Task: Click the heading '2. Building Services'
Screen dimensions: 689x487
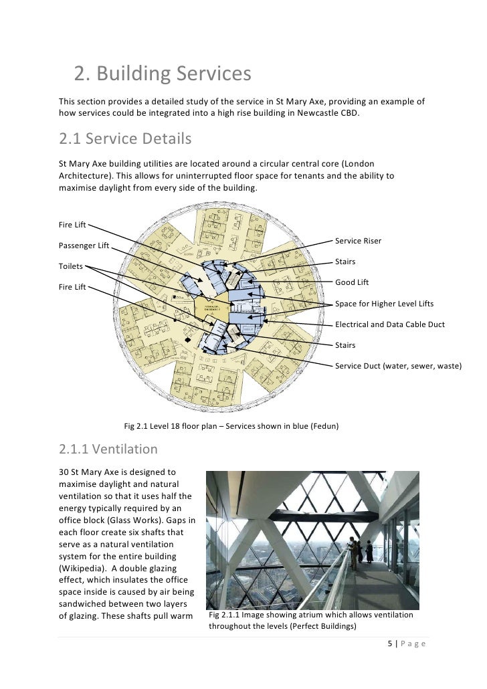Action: click(x=162, y=74)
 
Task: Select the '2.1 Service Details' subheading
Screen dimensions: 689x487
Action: click(x=125, y=140)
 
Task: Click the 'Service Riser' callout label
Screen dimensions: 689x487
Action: click(x=358, y=241)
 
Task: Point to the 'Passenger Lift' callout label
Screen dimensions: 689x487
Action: click(x=84, y=245)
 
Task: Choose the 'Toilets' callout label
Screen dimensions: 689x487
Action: click(x=71, y=266)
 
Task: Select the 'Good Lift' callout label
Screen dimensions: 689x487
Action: click(x=352, y=282)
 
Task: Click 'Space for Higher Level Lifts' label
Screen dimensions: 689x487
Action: click(x=384, y=304)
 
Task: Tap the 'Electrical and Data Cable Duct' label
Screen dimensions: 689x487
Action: click(x=389, y=324)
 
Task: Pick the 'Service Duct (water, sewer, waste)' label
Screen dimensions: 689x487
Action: click(x=397, y=366)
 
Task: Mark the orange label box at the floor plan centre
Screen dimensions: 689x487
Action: click(x=212, y=307)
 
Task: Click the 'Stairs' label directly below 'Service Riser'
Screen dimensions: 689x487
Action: click(x=345, y=262)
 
